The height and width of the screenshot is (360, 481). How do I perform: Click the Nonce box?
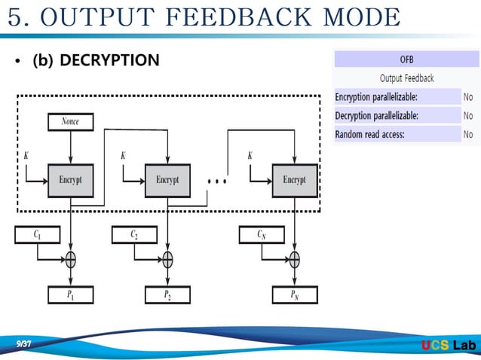pos(70,121)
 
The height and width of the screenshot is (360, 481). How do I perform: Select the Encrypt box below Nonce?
pos(70,180)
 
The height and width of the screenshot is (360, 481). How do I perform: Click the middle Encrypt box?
pos(167,180)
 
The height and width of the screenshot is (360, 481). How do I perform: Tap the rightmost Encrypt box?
pos(294,180)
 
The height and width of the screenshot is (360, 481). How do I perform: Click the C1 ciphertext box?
pos(38,235)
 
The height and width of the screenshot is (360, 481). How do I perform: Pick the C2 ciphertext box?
pos(135,235)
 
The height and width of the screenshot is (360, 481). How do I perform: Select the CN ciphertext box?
pos(262,235)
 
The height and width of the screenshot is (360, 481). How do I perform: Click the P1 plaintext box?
pos(70,295)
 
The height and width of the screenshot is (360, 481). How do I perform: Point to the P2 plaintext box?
pos(167,295)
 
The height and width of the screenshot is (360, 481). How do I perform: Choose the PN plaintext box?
pos(294,295)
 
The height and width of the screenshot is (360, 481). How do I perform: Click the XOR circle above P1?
pos(70,260)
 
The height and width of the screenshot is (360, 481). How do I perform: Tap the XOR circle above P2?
pos(167,260)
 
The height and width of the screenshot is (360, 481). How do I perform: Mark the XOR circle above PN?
pos(294,260)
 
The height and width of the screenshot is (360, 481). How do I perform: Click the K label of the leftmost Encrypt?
pos(27,156)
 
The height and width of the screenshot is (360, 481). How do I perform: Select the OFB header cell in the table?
pos(406,59)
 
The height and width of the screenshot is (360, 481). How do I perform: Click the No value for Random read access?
pos(468,134)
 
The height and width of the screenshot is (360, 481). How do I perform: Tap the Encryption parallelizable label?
pos(376,96)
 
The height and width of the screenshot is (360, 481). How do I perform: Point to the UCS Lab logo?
pos(449,346)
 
